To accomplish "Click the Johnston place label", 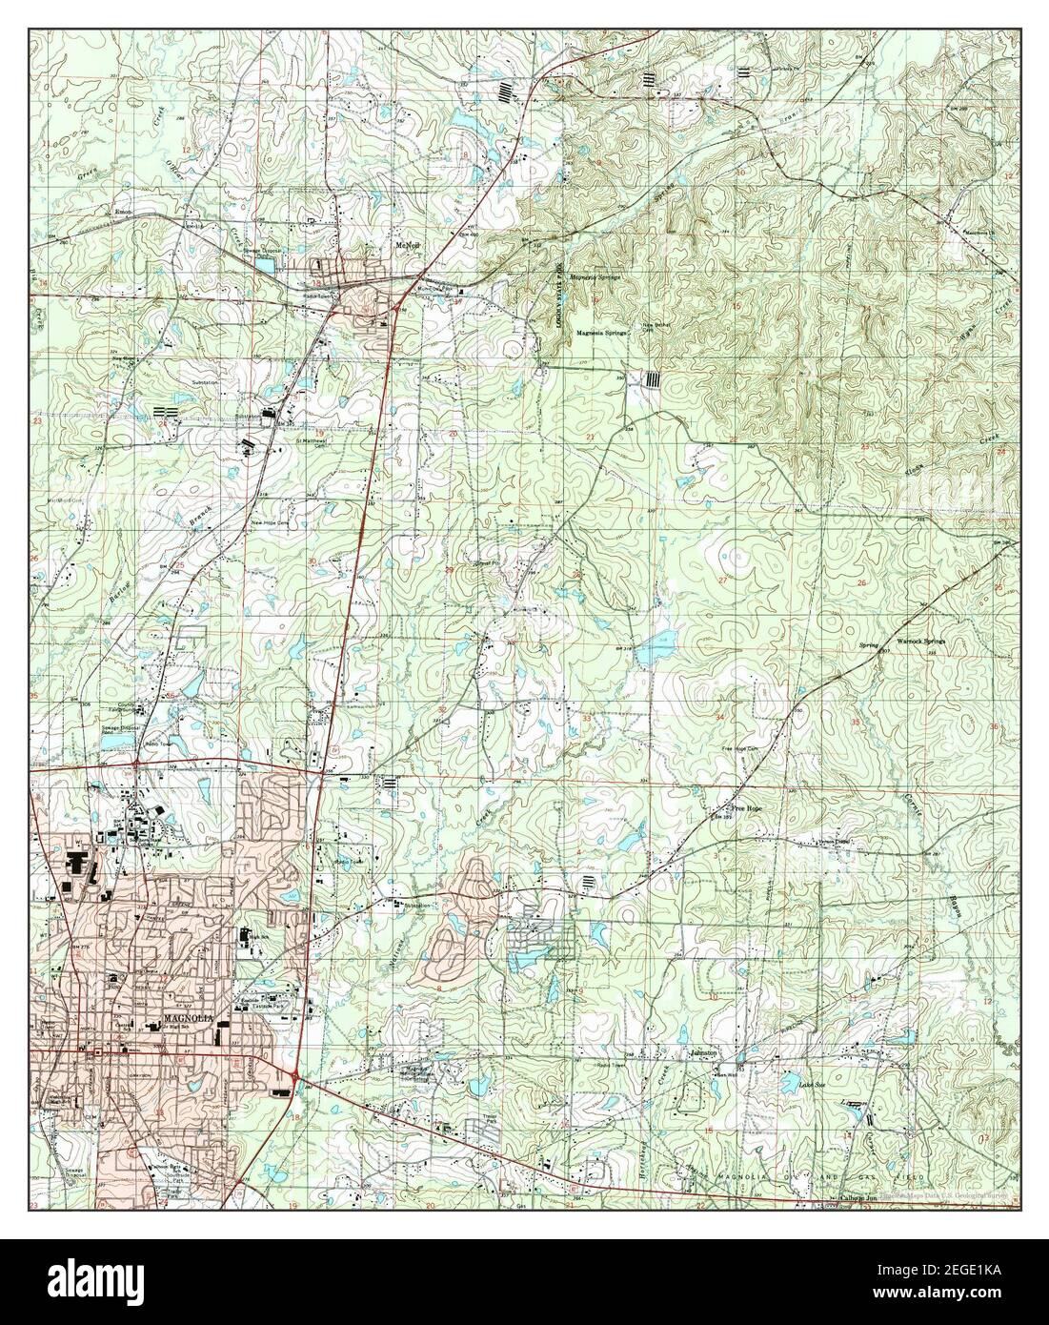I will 702,1053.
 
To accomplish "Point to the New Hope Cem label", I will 269,523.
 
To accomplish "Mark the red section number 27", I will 722,581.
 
